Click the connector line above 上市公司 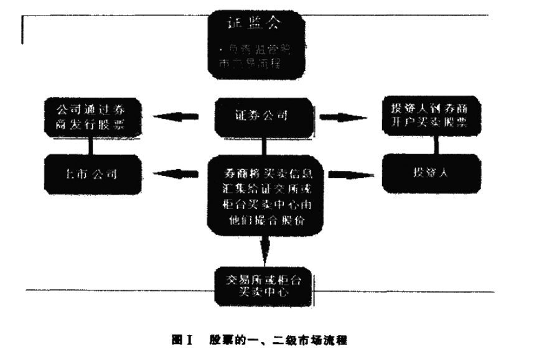click(x=91, y=145)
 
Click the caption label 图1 click(x=182, y=339)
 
